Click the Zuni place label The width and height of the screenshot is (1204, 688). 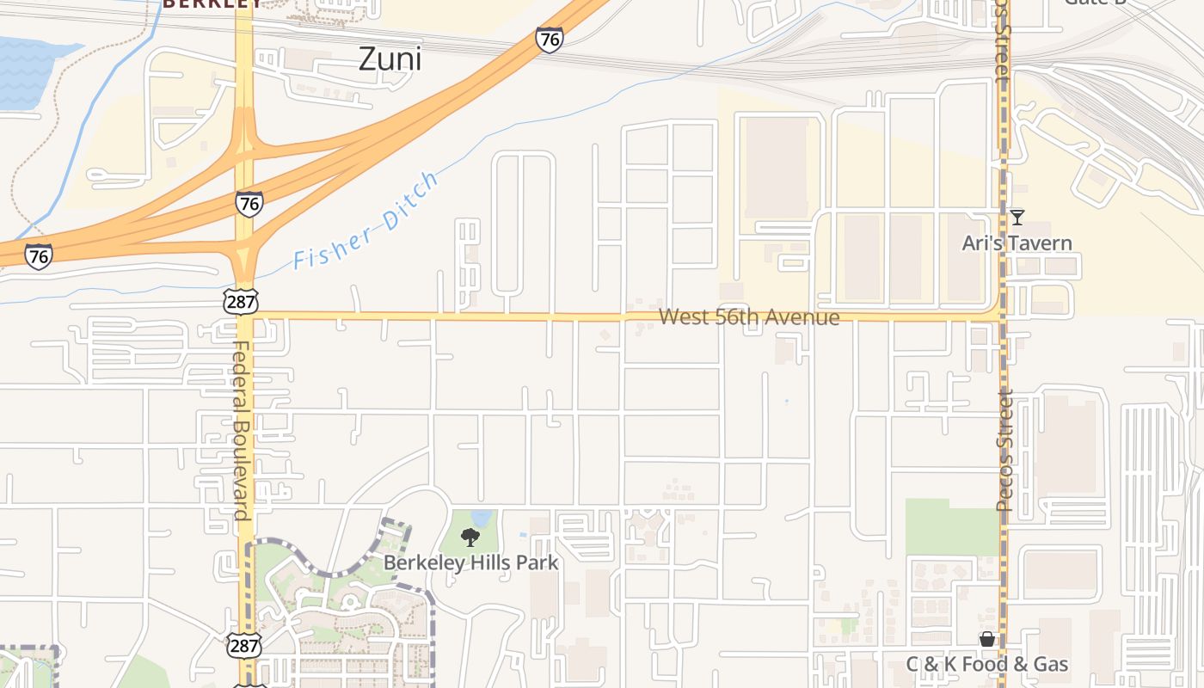tap(390, 59)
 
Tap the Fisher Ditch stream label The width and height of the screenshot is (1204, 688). tap(366, 221)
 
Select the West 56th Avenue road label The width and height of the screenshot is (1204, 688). tap(749, 317)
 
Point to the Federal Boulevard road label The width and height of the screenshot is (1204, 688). tap(241, 431)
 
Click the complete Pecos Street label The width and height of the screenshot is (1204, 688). tap(1004, 451)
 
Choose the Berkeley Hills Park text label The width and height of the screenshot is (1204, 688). tap(470, 563)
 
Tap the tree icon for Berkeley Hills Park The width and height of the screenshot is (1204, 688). tap(470, 538)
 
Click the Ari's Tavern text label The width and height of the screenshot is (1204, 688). tap(1017, 243)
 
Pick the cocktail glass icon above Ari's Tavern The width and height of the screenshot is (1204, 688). tap(1017, 217)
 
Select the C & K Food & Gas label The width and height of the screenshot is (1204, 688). tap(987, 664)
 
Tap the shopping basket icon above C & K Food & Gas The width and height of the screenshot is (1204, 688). tap(987, 639)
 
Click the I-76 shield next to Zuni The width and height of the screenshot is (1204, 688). tap(549, 40)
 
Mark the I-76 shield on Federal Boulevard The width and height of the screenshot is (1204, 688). tap(249, 204)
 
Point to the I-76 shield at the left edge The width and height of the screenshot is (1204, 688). tap(38, 256)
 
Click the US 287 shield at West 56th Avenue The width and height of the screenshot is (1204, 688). tap(240, 301)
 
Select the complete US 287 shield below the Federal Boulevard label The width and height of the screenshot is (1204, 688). tap(242, 646)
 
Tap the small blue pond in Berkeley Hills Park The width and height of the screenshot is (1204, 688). tap(482, 519)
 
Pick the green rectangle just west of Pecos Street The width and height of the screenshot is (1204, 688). tap(951, 526)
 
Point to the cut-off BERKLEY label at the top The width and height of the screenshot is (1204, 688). tap(212, 4)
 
